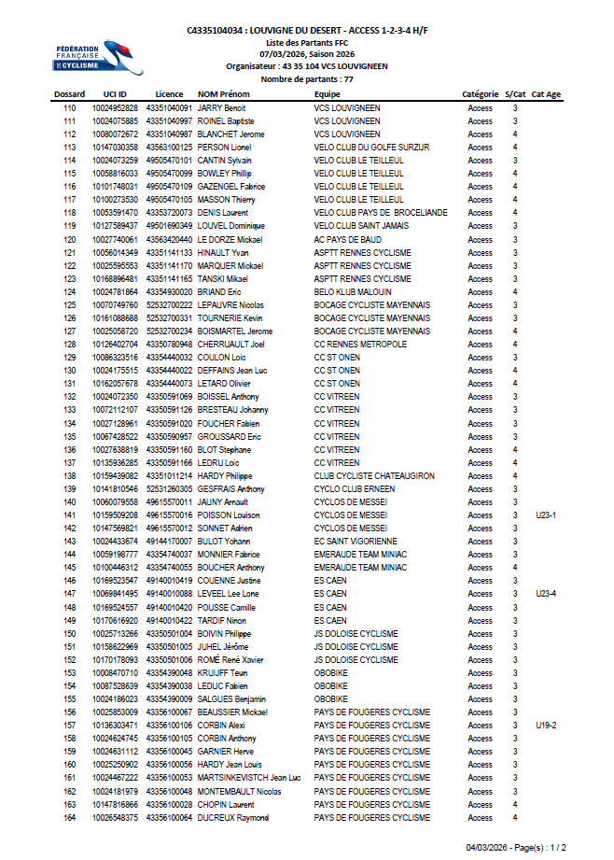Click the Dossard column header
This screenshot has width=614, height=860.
(x=69, y=94)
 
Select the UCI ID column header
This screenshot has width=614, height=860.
(x=116, y=94)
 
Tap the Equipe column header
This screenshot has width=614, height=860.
(x=328, y=94)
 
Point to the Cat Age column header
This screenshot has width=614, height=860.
(x=547, y=94)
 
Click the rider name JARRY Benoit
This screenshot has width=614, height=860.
(x=222, y=108)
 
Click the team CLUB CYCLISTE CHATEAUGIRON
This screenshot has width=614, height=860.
(x=374, y=476)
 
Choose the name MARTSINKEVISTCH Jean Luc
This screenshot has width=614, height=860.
(x=249, y=778)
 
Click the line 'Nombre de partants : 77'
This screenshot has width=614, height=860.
(x=307, y=79)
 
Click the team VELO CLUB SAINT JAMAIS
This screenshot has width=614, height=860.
(x=362, y=226)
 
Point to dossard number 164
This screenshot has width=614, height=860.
(x=69, y=818)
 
